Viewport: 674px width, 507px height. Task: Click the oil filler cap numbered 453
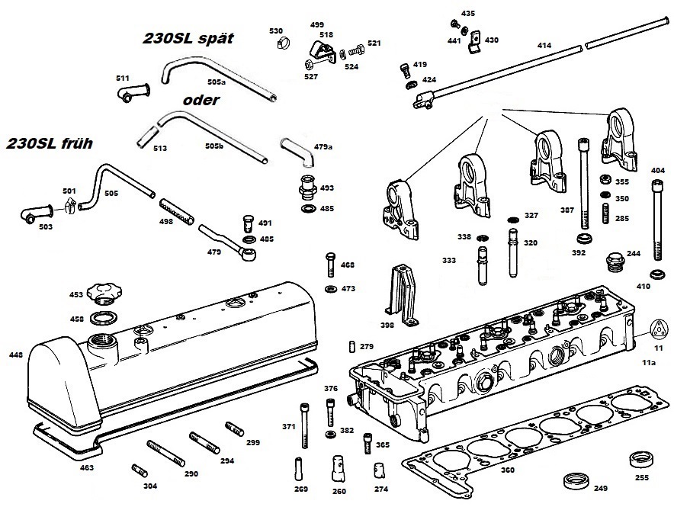(104, 294)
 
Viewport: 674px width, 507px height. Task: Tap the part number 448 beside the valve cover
(16, 355)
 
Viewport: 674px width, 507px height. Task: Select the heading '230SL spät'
(188, 38)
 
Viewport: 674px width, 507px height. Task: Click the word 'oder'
(201, 100)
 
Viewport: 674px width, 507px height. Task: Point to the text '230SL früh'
(49, 143)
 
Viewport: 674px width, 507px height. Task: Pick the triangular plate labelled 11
(659, 330)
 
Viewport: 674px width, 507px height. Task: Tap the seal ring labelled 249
(576, 480)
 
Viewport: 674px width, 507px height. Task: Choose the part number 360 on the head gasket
(508, 470)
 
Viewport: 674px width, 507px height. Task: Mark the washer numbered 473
(331, 288)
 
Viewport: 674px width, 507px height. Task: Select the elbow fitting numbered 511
(133, 92)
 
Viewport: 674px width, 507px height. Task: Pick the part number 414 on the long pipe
(544, 45)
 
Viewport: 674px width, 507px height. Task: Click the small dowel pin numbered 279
(352, 346)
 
